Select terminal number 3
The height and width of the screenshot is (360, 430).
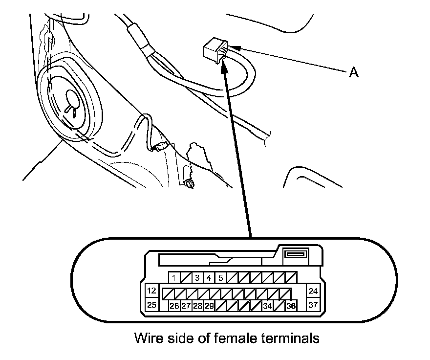click(x=197, y=278)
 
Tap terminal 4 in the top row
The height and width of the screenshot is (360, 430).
click(x=209, y=278)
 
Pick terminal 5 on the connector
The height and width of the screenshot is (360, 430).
click(x=220, y=278)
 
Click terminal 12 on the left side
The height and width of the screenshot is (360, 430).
click(x=152, y=291)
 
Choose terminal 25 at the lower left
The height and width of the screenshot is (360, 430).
click(x=152, y=305)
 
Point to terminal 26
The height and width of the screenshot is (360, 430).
click(x=174, y=306)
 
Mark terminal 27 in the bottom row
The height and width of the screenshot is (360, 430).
click(x=186, y=306)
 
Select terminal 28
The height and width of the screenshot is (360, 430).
click(x=197, y=306)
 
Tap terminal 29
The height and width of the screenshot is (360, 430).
click(x=209, y=306)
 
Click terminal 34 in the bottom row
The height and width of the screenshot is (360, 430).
click(x=268, y=306)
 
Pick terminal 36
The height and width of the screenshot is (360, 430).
click(x=291, y=306)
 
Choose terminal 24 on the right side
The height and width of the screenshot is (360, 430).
click(x=313, y=291)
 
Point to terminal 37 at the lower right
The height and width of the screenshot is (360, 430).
click(x=313, y=305)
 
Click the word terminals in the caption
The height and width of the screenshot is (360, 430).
click(x=293, y=338)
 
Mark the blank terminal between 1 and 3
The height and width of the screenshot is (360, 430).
click(x=185, y=278)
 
